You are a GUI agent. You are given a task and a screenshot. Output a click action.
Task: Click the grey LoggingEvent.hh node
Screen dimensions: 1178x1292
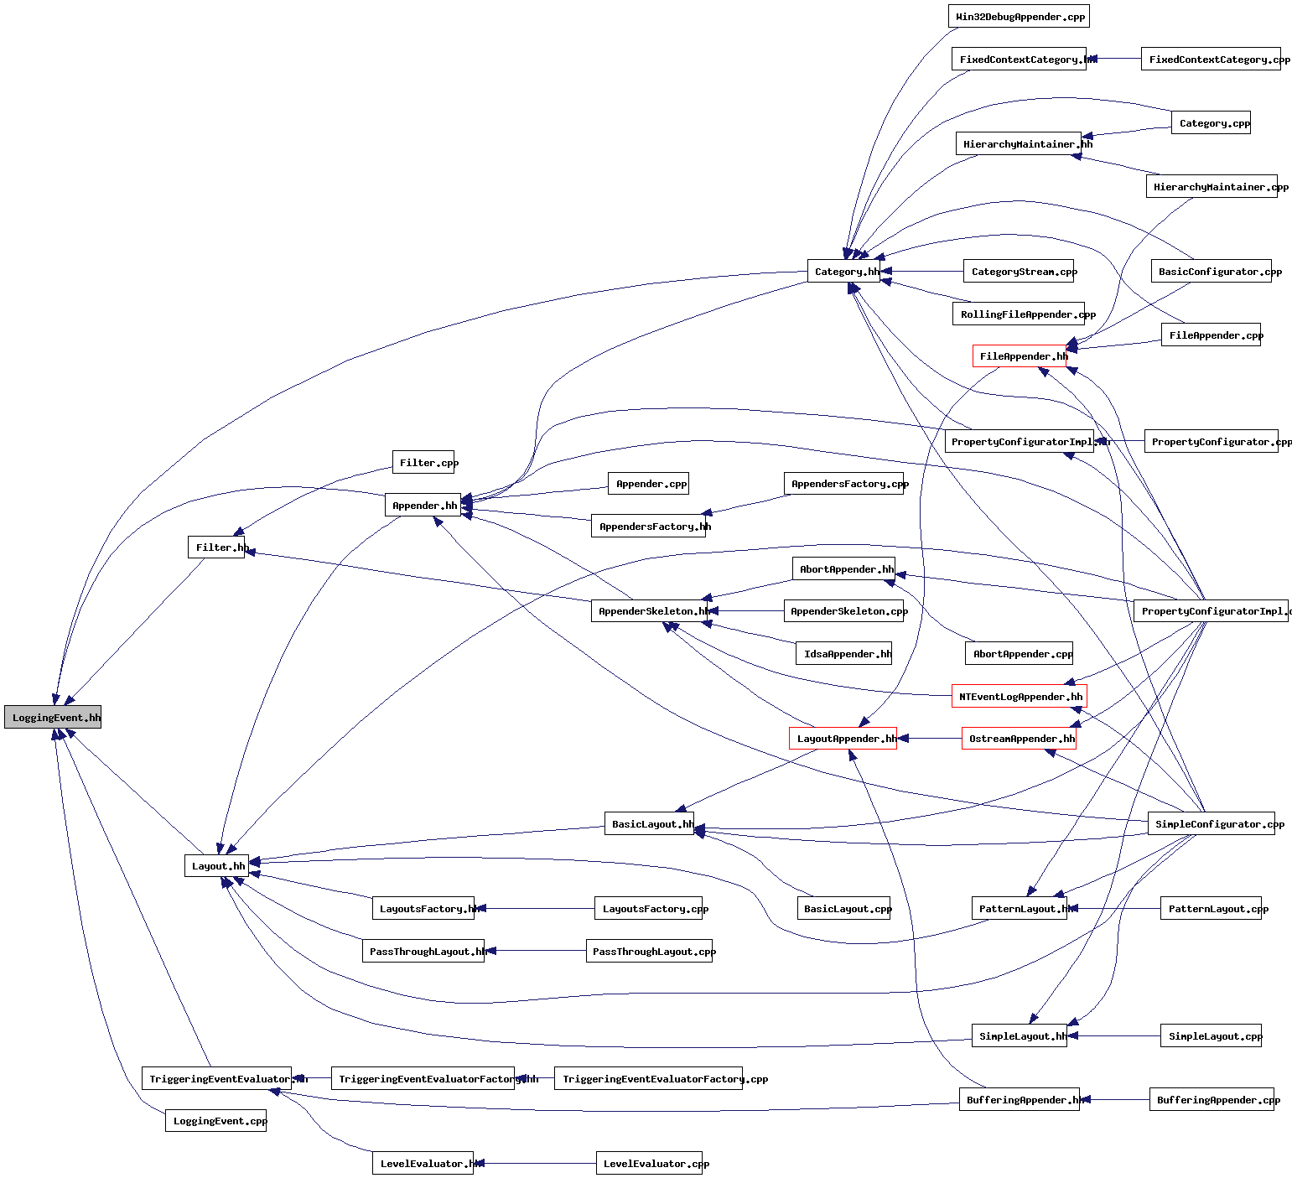(53, 717)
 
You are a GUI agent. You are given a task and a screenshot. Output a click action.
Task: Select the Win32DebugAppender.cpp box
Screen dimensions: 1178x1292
(1019, 16)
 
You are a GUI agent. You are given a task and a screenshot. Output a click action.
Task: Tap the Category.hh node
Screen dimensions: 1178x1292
(843, 271)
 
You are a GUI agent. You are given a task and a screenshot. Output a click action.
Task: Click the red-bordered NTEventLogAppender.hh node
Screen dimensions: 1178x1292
(1019, 696)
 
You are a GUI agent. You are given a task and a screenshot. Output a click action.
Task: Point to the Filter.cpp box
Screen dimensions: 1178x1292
(423, 462)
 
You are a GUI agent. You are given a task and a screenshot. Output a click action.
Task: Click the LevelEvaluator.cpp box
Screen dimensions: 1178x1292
(651, 1163)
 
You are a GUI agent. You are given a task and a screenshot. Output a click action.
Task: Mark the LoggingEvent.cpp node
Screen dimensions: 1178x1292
(215, 1120)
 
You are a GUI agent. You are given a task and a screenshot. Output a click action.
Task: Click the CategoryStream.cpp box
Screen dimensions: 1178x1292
(1019, 271)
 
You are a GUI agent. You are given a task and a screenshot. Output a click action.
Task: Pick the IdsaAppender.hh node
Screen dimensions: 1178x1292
(843, 653)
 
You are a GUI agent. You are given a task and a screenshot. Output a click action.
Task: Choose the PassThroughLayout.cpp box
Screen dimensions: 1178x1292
(649, 951)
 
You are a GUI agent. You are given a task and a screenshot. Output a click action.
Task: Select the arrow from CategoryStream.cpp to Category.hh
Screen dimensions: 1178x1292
(922, 271)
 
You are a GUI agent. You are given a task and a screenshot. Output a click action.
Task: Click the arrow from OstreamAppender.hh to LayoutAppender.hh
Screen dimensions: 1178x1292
(929, 738)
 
